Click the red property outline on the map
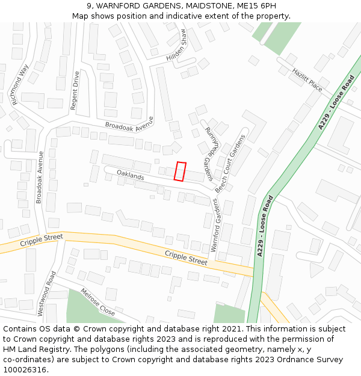pos(180,171)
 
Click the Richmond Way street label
pos(20,85)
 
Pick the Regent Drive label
pos(75,91)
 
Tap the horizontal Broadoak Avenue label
pos(129,123)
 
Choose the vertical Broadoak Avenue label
pos(40,177)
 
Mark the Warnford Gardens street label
pos(214,225)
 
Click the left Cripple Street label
pos(42,241)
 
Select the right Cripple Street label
pos(186,257)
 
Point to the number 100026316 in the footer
pos(26,369)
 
